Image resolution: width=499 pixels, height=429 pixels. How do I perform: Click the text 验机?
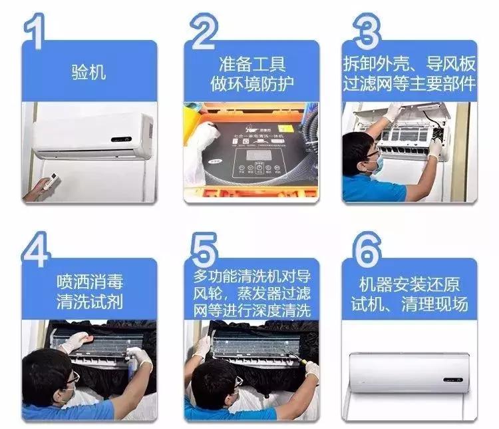click(88, 71)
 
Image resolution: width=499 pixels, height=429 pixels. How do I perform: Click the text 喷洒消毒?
click(89, 281)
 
